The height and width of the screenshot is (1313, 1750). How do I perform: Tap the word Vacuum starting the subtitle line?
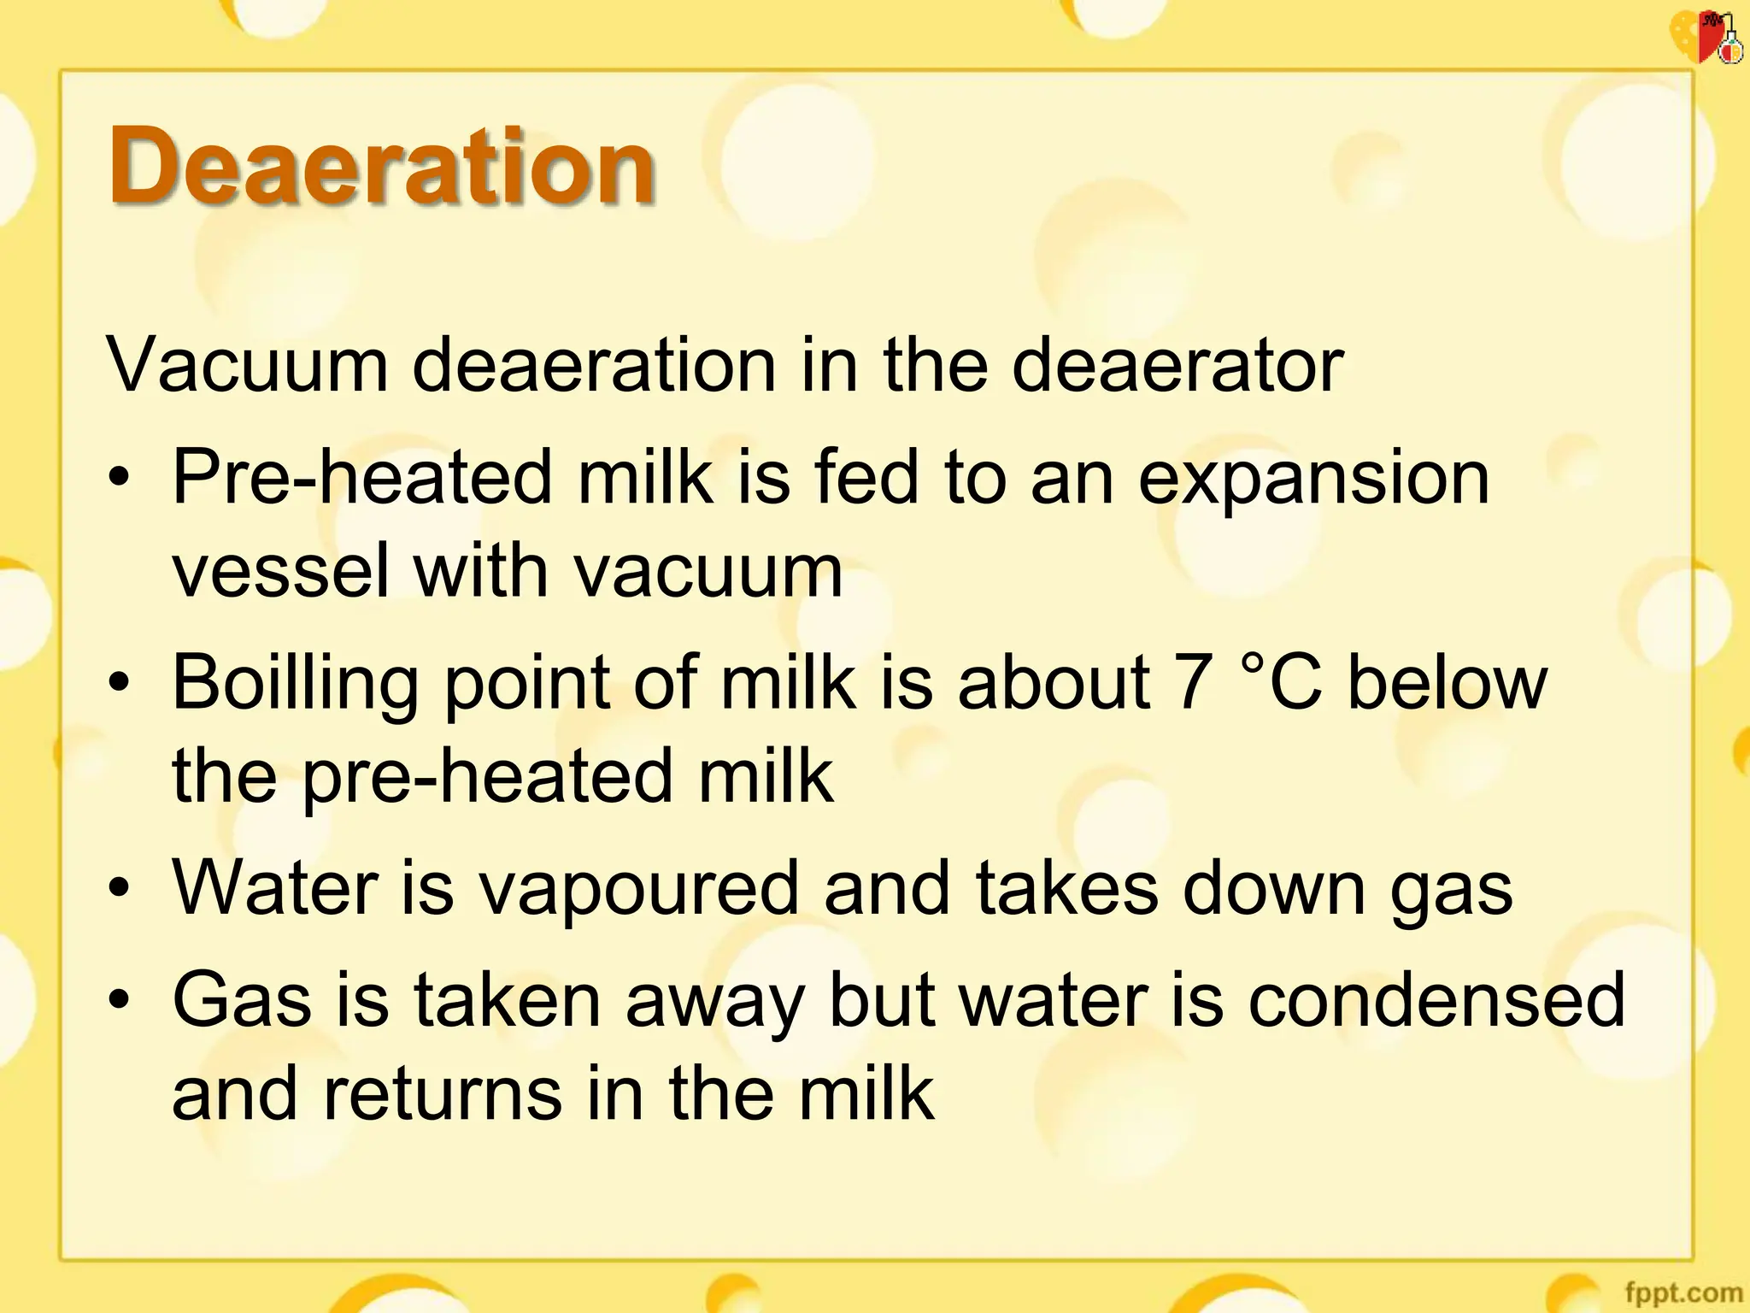coord(247,366)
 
